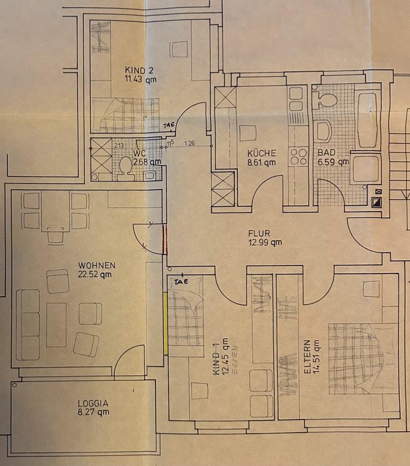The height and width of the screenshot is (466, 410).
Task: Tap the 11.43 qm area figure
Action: point(140,79)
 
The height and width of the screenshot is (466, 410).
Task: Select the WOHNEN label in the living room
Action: point(97,265)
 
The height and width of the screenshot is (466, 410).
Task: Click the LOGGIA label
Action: point(93,403)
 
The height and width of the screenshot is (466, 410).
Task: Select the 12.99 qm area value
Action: point(265,242)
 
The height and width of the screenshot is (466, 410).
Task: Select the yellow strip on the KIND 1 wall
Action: point(166,323)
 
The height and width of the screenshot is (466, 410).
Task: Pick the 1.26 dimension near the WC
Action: point(190,143)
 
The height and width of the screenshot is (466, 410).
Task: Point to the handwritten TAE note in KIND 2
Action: point(169,125)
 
